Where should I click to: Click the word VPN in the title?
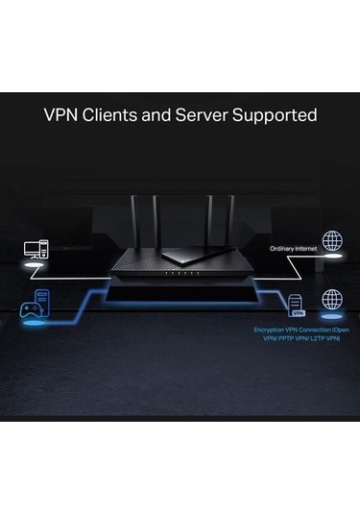64,115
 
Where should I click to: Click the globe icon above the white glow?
333,240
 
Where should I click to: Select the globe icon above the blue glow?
332,299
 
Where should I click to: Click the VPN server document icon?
298,305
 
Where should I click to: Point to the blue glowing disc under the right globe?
332,317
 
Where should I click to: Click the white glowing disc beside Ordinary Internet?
333,257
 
